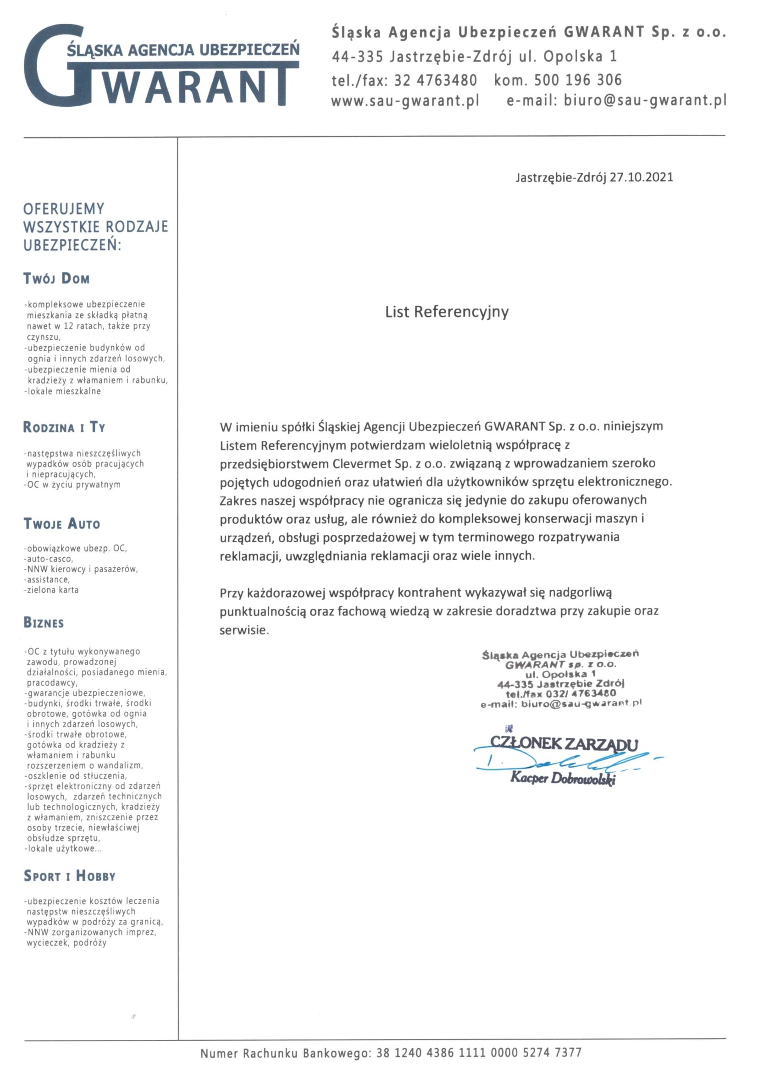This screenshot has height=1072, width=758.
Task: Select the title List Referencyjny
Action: point(447,312)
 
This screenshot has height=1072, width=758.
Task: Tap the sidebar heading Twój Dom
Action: point(56,279)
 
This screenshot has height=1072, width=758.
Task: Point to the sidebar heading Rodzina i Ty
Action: point(65,427)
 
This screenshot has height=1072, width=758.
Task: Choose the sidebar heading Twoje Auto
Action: point(62,524)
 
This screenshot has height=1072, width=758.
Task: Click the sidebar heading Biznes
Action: point(44,623)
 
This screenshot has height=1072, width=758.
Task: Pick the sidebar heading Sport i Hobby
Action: point(70,876)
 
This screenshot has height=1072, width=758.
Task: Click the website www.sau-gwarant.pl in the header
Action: point(405,101)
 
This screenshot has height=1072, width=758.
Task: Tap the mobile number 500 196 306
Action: point(578,80)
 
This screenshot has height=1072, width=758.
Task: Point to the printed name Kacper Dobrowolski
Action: point(563,778)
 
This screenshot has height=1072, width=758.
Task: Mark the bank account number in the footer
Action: point(479,1053)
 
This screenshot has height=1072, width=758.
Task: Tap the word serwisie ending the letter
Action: point(244,630)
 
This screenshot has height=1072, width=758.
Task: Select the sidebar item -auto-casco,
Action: point(49,559)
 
